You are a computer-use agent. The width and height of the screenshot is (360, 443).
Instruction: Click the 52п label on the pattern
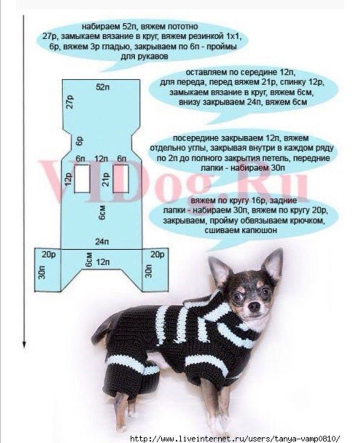point(102,87)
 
